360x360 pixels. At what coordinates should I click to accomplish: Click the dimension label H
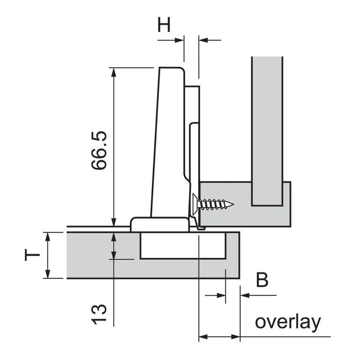(164, 24)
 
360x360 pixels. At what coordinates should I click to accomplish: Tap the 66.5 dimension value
(99, 150)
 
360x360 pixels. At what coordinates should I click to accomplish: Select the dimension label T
(32, 255)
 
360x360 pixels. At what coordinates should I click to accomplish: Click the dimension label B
(262, 280)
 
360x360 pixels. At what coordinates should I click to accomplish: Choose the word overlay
(288, 322)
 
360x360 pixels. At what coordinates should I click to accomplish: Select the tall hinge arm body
(168, 141)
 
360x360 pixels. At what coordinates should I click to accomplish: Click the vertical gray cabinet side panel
(267, 131)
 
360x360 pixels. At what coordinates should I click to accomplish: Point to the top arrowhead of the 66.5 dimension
(112, 72)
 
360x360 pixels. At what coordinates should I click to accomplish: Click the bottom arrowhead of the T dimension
(47, 274)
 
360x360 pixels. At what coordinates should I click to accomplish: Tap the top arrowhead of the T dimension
(47, 236)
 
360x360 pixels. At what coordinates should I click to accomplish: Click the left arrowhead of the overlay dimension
(203, 337)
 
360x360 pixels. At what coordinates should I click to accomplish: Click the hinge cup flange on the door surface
(159, 224)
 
